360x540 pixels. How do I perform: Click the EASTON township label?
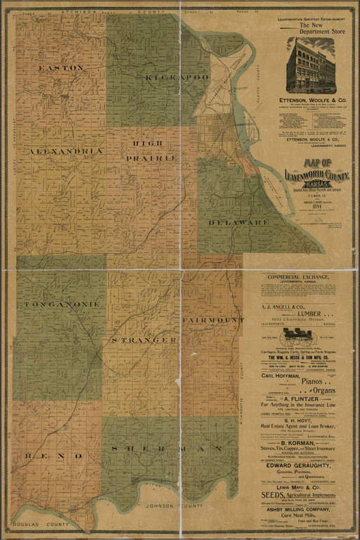click(x=61, y=68)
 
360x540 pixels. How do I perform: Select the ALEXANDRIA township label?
click(x=65, y=151)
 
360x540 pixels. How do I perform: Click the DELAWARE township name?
click(x=238, y=222)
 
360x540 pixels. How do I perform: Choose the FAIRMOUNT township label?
click(x=212, y=320)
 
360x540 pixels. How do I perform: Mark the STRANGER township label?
click(x=143, y=340)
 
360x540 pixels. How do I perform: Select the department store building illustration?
click(x=310, y=66)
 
